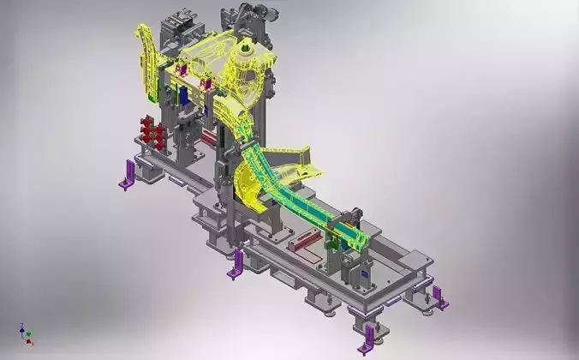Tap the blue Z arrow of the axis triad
(21, 328)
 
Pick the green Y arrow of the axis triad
(29, 334)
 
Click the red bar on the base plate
(304, 241)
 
